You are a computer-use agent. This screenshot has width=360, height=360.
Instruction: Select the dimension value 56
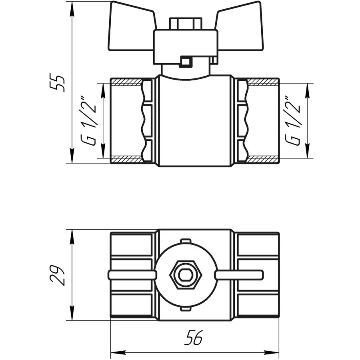(x=194, y=338)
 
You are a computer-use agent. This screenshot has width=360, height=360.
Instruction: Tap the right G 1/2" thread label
(x=293, y=120)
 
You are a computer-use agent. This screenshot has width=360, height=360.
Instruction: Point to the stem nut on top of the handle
(x=186, y=22)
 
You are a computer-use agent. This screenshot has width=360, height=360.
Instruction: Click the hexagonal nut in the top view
(x=186, y=275)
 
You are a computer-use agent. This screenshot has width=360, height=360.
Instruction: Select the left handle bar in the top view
(x=132, y=275)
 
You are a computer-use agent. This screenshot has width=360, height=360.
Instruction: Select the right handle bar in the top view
(x=239, y=275)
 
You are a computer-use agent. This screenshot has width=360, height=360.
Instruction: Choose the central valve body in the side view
(x=195, y=120)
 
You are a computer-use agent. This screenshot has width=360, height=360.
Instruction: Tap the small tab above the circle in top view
(x=186, y=241)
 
